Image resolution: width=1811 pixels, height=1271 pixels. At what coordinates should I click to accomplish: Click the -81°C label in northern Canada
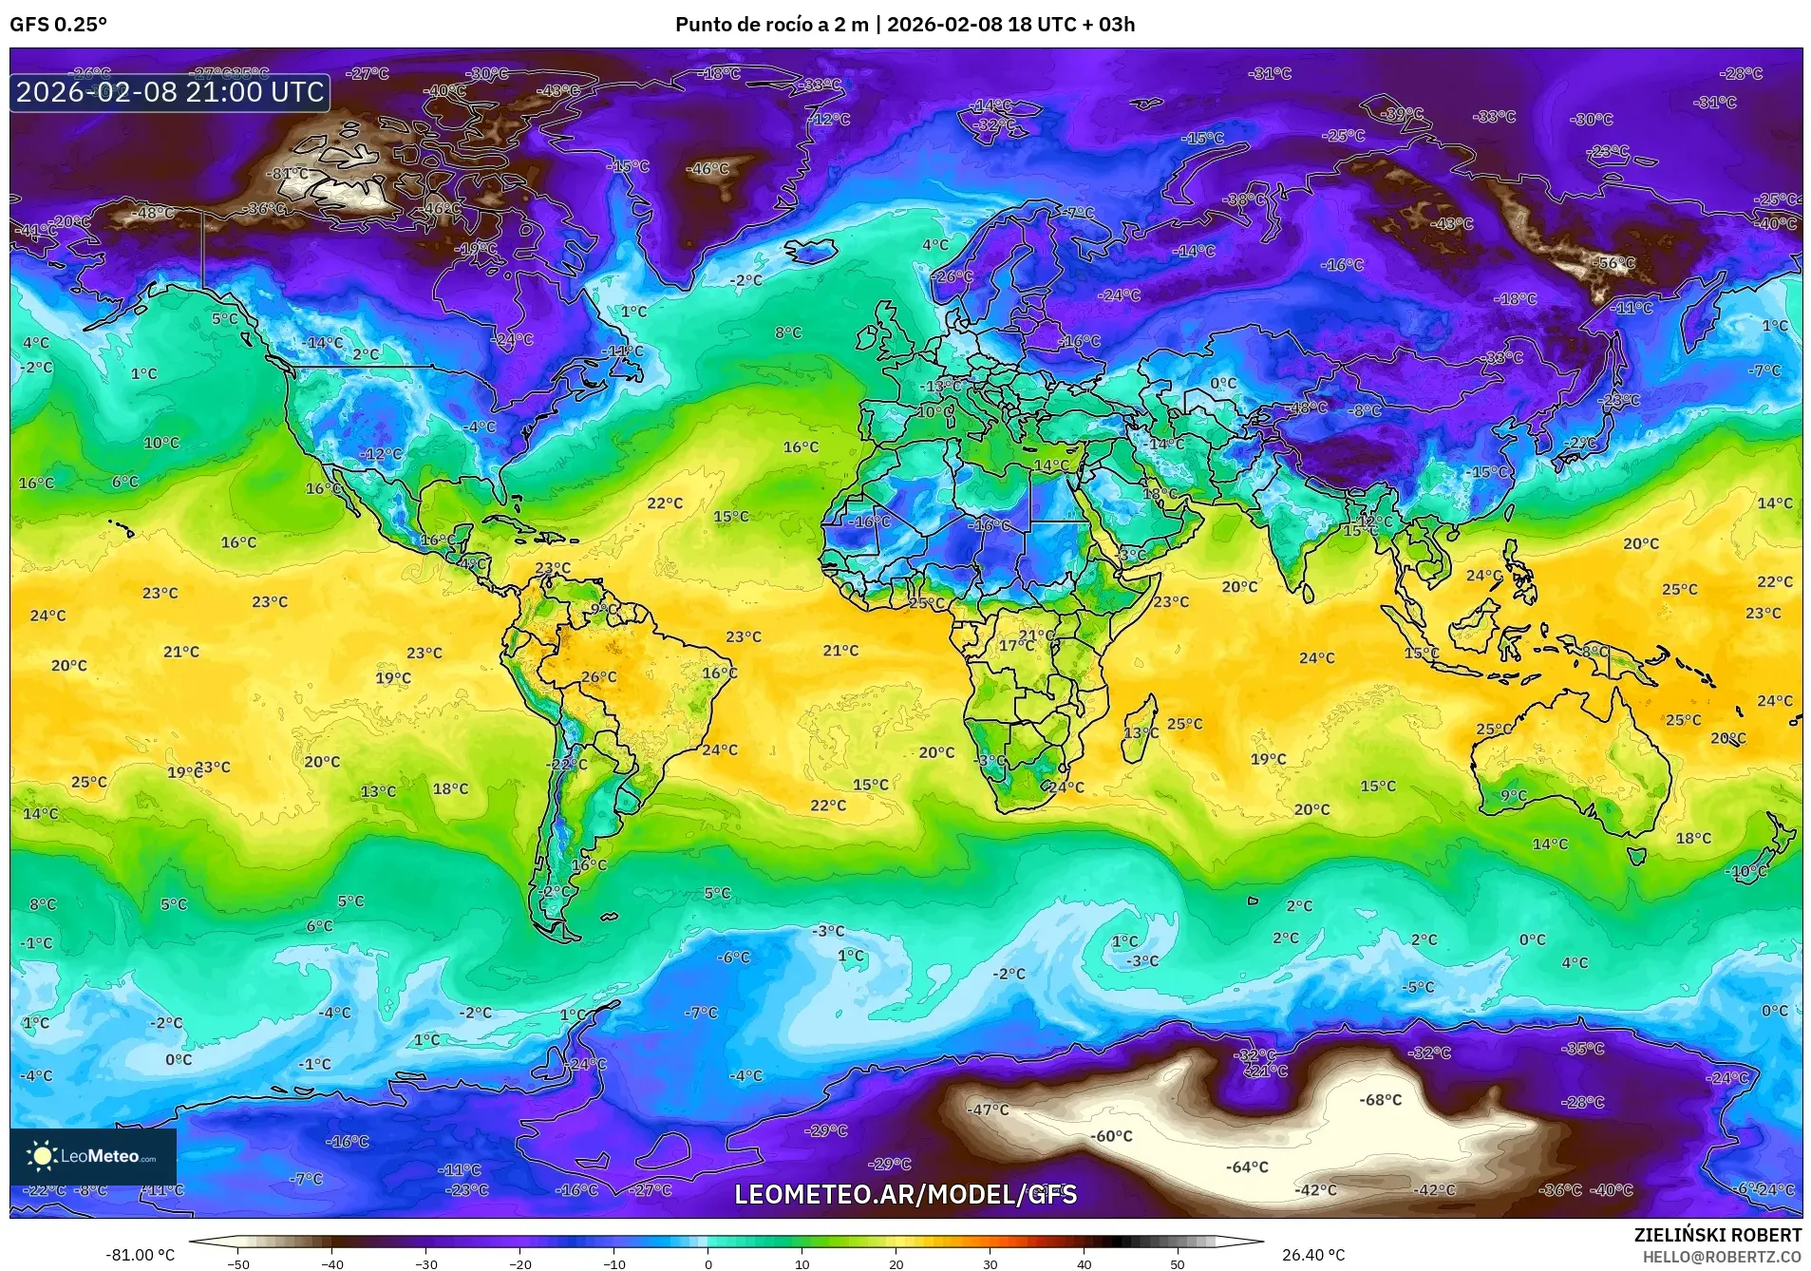point(290,174)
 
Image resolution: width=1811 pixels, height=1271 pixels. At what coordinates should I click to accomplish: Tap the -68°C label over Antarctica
point(1380,1100)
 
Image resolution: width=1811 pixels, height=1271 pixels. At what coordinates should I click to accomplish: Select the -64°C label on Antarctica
point(1247,1167)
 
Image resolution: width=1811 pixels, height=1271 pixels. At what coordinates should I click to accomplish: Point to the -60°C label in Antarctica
point(1111,1136)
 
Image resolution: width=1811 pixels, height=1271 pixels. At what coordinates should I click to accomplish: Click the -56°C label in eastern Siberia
point(1615,263)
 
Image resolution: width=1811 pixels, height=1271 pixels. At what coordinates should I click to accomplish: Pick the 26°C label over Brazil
point(598,677)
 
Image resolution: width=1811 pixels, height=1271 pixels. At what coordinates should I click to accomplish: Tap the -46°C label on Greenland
point(707,169)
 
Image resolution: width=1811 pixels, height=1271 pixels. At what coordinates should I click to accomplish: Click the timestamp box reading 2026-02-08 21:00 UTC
point(170,92)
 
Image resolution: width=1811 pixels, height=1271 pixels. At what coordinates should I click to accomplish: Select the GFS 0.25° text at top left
point(58,25)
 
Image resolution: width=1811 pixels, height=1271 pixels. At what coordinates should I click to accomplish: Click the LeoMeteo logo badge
point(93,1156)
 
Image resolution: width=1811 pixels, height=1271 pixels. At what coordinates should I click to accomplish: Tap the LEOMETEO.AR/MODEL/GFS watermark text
point(906,1194)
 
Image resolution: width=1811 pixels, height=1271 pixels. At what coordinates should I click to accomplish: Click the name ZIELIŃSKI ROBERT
point(1717,1235)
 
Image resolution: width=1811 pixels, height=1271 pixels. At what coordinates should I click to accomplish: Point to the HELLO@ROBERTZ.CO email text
point(1722,1256)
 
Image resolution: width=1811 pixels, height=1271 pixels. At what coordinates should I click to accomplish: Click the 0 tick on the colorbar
point(707,1263)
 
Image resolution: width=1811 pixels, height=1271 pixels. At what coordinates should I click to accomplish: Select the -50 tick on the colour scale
point(238,1263)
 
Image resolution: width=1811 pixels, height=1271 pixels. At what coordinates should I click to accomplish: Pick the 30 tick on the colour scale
point(990,1263)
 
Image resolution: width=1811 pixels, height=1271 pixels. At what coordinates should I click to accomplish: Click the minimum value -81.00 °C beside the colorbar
point(140,1255)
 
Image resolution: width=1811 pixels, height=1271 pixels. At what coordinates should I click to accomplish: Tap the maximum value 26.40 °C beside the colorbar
point(1313,1255)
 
